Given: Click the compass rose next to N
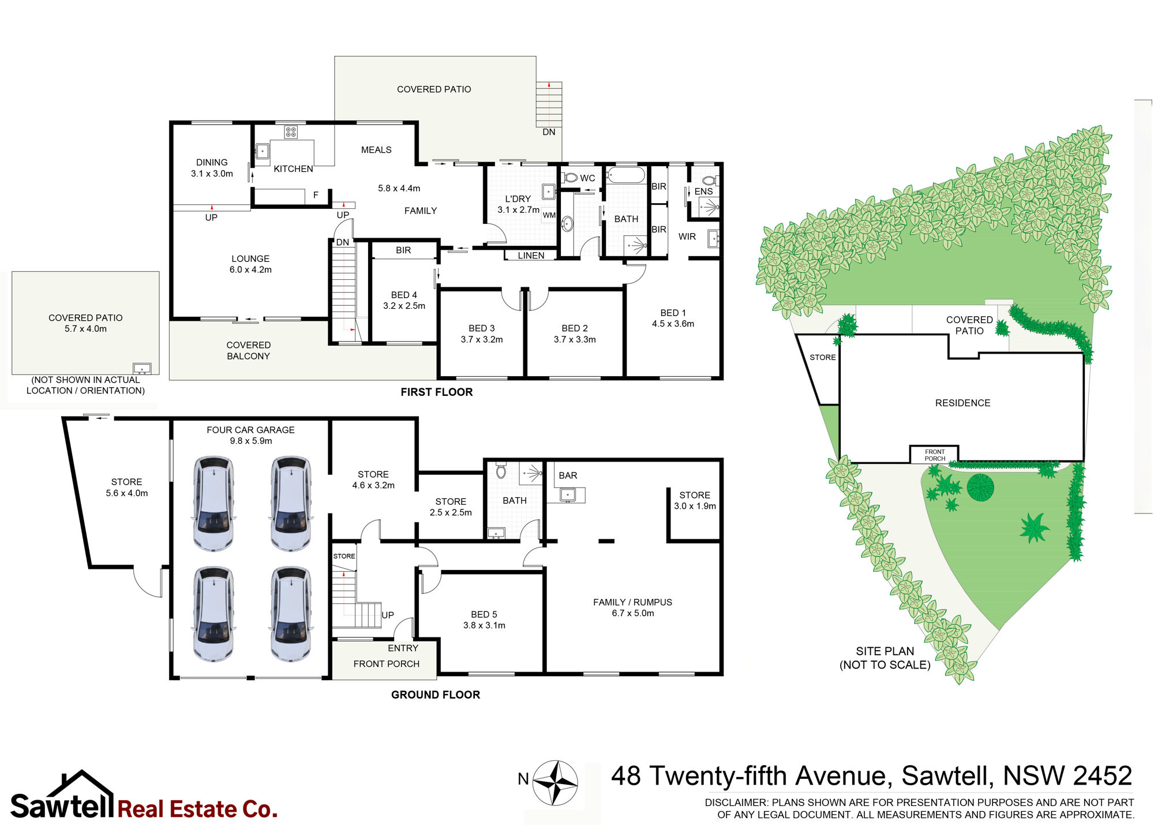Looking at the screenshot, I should pos(554,782).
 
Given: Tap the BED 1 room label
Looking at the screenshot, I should pos(673,313).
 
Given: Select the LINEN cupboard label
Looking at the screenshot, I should pos(531,256).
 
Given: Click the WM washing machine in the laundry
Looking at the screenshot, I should pos(549,215).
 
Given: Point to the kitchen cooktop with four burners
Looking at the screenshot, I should pos(291,132).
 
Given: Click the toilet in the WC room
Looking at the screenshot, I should pos(571,178).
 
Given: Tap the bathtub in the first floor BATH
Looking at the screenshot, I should pos(625,175).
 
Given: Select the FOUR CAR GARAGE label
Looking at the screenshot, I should pos(250,430).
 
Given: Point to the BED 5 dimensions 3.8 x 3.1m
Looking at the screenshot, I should pos(484,625).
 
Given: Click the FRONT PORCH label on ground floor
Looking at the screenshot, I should pos(386,664).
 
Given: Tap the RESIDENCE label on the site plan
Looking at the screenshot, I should pos(962,403).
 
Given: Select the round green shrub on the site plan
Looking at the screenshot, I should pos(980,487).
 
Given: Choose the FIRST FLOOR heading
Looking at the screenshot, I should pos(436,392).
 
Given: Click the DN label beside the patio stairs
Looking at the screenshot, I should pos(549,132).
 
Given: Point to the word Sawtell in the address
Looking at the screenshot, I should pos(947,776).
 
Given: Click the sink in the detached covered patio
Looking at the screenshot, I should pos(142,368).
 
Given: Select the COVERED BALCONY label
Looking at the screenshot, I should pos(248,350).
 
